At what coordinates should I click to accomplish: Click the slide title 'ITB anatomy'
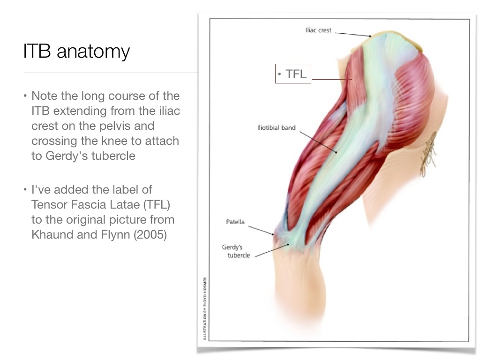point(76,51)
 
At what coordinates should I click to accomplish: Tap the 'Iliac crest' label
point(318,30)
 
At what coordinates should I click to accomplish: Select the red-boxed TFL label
point(293,74)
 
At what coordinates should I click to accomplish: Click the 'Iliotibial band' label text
point(276,127)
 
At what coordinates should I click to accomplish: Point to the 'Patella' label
point(235,222)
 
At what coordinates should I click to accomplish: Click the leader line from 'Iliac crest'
point(352,34)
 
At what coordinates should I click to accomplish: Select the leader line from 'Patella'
point(261,229)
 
